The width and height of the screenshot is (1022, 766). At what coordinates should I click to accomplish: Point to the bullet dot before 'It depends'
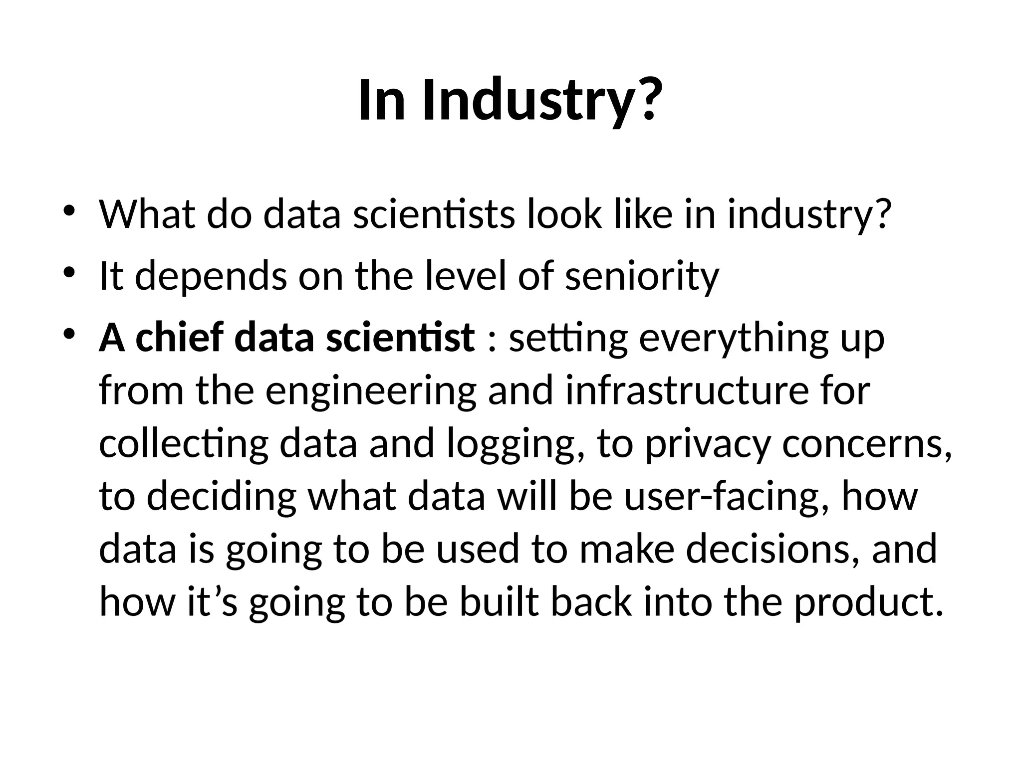pyautogui.click(x=69, y=272)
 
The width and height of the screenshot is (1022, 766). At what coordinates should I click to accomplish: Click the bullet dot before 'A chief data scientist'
pyautogui.click(x=69, y=334)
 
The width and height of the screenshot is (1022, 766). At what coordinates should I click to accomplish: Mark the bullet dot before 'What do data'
pyautogui.click(x=69, y=210)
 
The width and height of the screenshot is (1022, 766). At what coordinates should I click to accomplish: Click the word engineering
pyautogui.click(x=371, y=392)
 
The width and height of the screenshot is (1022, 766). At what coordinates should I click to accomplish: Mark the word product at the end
pyautogui.click(x=868, y=603)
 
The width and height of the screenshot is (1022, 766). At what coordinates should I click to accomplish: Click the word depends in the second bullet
pyautogui.click(x=211, y=277)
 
